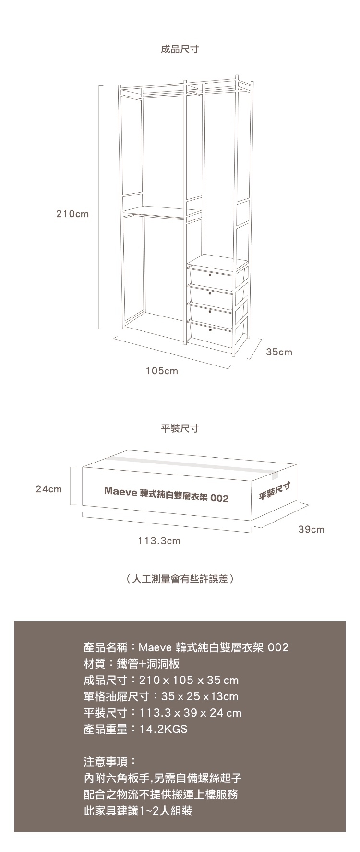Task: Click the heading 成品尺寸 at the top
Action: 180,49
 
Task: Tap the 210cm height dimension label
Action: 73,214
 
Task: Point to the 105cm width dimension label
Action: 162,371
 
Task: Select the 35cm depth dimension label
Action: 279,352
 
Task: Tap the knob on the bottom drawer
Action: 210,330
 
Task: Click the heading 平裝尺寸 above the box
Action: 180,428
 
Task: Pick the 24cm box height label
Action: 49,489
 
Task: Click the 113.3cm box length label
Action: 159,541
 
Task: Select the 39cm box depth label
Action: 311,530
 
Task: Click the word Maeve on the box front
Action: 120,492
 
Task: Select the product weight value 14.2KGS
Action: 163,729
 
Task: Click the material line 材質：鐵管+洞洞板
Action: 132,664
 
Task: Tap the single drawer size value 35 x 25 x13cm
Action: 200,696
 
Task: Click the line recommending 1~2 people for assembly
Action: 138,811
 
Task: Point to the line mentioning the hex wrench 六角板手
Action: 159,778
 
